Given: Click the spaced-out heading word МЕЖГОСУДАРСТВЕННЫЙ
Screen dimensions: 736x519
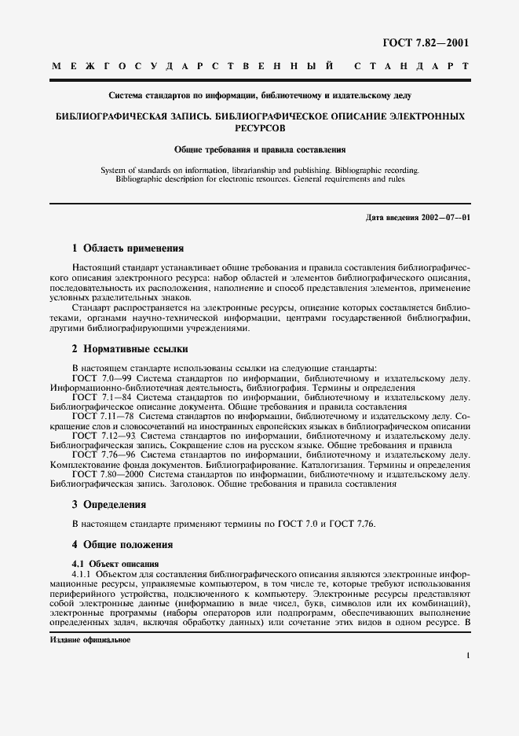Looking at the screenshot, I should pos(196,68).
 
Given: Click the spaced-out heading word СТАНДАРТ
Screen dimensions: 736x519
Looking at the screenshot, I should pos(413,68).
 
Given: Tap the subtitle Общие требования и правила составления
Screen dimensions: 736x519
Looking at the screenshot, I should pos(259,148).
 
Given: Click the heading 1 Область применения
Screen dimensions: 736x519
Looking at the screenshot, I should pos(127,248).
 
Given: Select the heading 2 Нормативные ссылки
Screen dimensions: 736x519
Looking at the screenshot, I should pos(130,349).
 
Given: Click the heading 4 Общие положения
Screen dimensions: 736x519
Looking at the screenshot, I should pos(123,544).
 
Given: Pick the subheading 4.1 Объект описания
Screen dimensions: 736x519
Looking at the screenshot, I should pos(115,563).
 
